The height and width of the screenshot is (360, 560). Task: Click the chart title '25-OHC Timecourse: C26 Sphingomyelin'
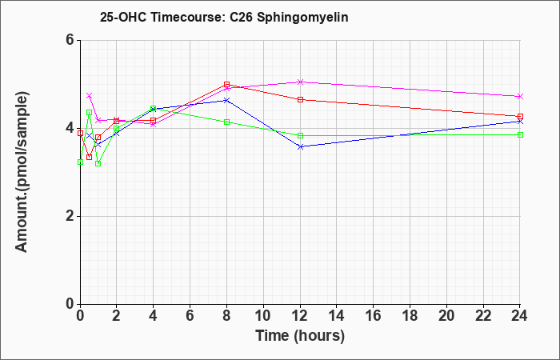tap(224, 17)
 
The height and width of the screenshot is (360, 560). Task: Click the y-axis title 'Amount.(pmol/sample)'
tap(22, 172)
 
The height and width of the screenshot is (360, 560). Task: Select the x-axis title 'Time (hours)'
tap(300, 336)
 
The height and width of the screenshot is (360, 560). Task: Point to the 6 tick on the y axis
tap(70, 40)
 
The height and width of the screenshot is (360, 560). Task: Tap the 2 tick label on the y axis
tap(70, 216)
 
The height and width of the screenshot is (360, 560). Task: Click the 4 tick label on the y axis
tap(70, 128)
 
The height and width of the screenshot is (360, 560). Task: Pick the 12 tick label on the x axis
tap(300, 315)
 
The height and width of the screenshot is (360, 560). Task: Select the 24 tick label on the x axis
tap(519, 315)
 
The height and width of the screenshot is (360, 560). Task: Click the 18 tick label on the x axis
tap(410, 315)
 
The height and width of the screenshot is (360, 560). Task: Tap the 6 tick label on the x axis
tap(190, 315)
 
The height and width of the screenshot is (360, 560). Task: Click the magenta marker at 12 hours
tap(300, 82)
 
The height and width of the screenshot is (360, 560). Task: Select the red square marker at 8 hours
tap(226, 84)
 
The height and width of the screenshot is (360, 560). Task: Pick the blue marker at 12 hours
tap(300, 146)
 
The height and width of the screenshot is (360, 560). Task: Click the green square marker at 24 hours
tap(520, 134)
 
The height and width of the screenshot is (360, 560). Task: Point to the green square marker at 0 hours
tap(80, 162)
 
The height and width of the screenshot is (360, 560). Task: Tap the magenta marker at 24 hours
tap(520, 97)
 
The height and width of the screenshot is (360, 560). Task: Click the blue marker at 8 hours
tap(226, 100)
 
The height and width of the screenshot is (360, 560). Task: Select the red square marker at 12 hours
tap(300, 99)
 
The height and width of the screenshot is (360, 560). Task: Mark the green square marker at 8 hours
tap(226, 122)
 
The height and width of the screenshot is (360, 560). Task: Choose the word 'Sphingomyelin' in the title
tap(302, 18)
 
